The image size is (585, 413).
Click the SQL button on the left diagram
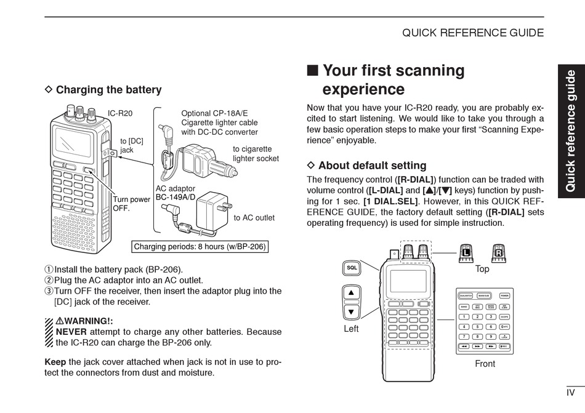pyautogui.click(x=352, y=268)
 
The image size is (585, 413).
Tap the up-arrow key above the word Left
pyautogui.click(x=351, y=293)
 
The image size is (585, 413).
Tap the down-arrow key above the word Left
pyautogui.click(x=351, y=311)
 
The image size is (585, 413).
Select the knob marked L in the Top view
pyautogui.click(x=466, y=252)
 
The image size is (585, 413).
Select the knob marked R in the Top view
pyautogui.click(x=498, y=252)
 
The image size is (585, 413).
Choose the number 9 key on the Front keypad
pyautogui.click(x=491, y=337)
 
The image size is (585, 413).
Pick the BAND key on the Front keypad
pyautogui.click(x=464, y=307)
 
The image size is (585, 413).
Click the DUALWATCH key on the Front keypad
pyautogui.click(x=466, y=296)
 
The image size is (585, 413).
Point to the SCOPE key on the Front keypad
pyautogui.click(x=505, y=316)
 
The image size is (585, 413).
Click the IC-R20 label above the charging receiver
pyautogui.click(x=120, y=113)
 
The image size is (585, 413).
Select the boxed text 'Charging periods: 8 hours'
pyautogui.click(x=200, y=247)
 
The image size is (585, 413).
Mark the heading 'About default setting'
pyautogui.click(x=372, y=166)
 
